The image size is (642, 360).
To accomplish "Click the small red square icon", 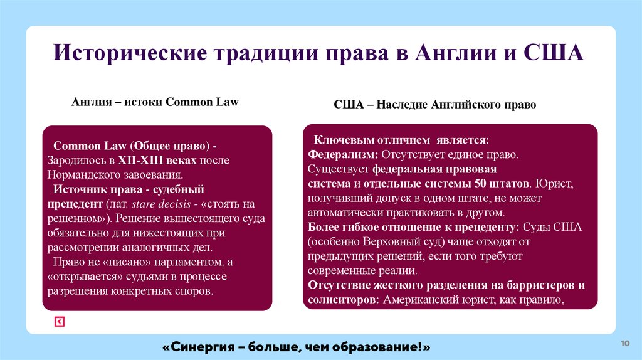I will pos(59,322).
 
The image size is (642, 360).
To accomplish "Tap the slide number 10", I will pos(624,343).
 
